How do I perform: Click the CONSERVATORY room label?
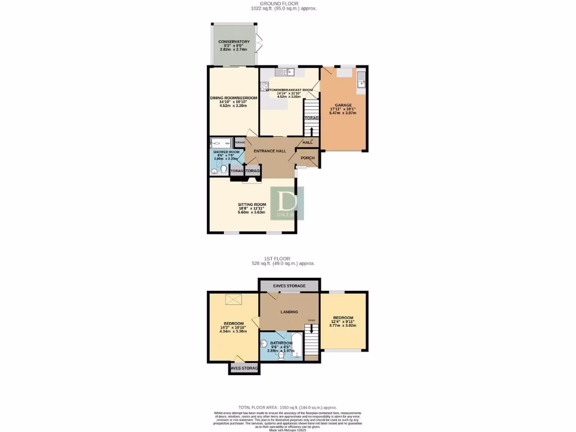[x=233, y=41]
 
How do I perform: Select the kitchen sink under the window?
[x=288, y=71]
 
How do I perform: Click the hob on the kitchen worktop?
[x=264, y=87]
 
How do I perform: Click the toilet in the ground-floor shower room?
[x=223, y=169]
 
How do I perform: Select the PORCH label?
[x=307, y=158]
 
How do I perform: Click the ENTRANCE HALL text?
[x=270, y=151]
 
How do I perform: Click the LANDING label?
[x=289, y=312]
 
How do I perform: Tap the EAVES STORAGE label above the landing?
[x=289, y=286]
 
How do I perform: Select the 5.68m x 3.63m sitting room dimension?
[x=251, y=212]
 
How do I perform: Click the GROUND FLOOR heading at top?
[x=284, y=3]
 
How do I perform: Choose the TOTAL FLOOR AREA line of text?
[x=287, y=407]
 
